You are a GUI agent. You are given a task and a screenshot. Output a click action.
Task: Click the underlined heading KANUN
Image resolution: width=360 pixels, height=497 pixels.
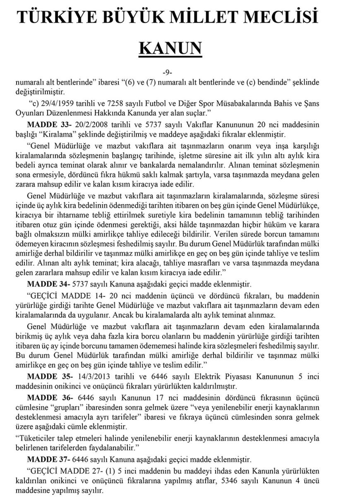pyautogui.click(x=170, y=48)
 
